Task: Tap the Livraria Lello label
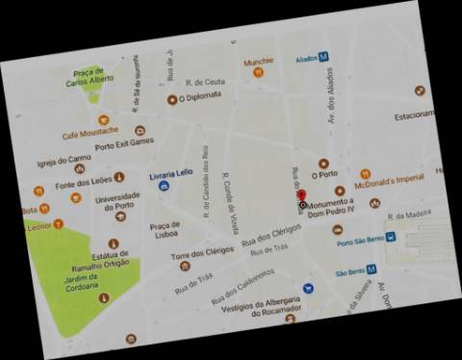click(172, 174)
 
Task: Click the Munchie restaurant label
click(258, 62)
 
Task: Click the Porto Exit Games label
click(124, 142)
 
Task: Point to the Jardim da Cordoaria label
click(83, 279)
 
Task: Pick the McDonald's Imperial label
click(389, 178)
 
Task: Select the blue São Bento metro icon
click(371, 270)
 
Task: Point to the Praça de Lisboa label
click(166, 230)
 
